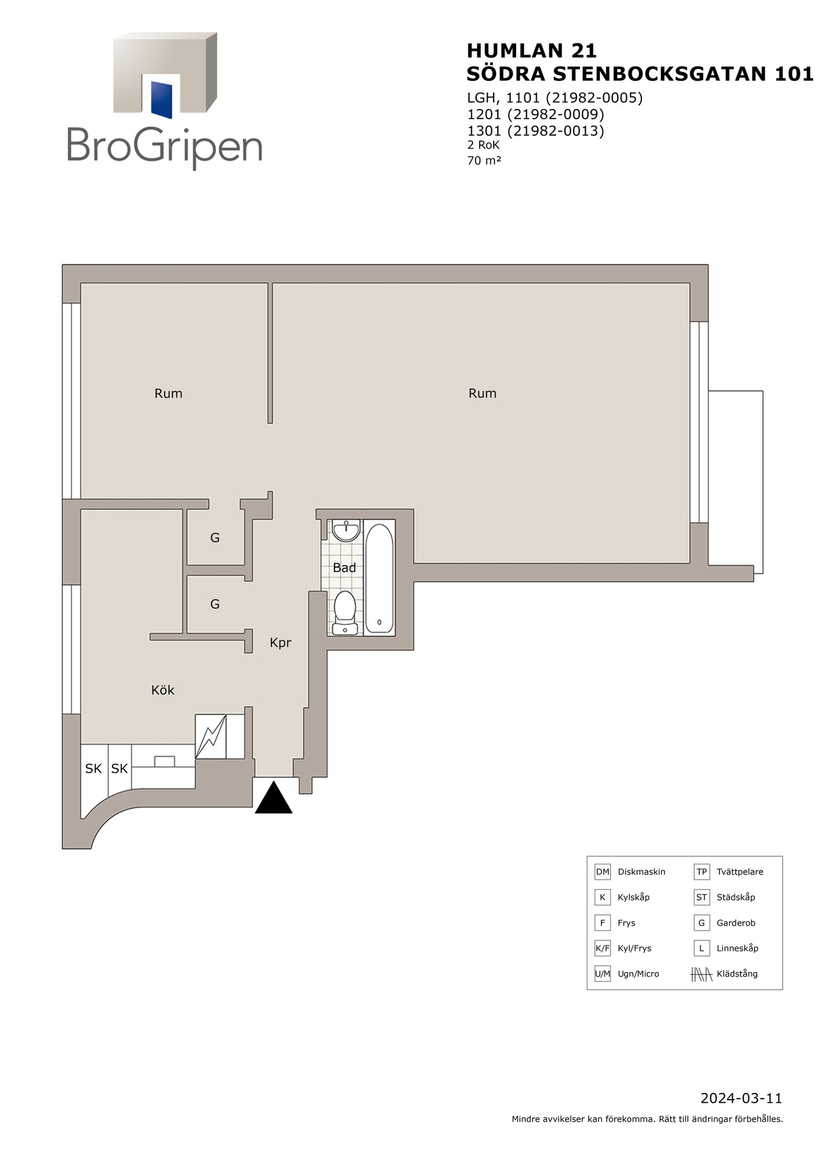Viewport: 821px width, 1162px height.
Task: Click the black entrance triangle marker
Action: coord(273,799)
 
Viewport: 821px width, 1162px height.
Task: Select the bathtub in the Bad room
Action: coord(379,579)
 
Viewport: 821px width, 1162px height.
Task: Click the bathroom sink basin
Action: coord(346,530)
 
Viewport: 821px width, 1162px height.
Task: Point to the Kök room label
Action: coord(163,690)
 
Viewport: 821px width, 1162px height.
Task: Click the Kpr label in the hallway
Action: coord(281,643)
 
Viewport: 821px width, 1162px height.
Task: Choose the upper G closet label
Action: coord(215,537)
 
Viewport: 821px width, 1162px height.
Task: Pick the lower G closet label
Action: coord(215,604)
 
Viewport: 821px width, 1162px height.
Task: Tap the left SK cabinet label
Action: coord(93,769)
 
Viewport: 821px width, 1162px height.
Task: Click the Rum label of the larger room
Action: coord(482,393)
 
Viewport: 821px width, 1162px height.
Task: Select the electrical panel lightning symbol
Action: coord(211,736)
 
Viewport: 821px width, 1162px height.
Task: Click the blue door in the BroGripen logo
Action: coord(162,99)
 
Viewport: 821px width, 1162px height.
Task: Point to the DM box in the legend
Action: coord(603,872)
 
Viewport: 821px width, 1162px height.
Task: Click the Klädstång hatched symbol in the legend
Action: coord(701,974)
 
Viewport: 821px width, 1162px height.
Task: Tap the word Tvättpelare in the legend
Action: coord(740,872)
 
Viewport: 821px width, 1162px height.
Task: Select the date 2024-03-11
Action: coord(741,1098)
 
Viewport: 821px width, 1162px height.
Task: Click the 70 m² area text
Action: coord(484,160)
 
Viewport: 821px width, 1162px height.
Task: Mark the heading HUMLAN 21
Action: coord(532,50)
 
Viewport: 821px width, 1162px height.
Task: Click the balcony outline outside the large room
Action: coord(762,482)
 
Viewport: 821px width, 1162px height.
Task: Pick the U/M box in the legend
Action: coord(603,974)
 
